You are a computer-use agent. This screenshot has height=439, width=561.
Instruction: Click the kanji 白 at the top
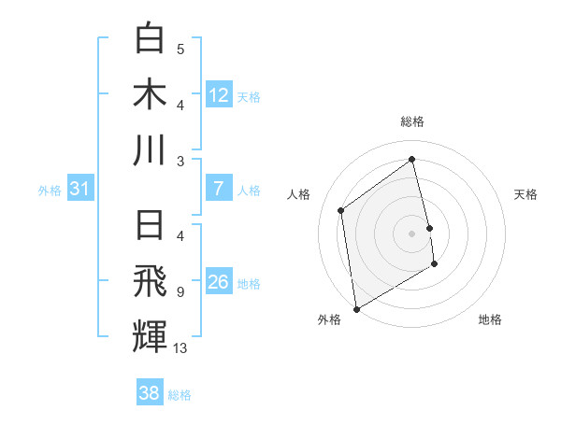coord(151,39)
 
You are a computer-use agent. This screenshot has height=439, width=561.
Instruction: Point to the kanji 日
coord(151,226)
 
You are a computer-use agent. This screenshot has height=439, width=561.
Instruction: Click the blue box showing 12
coord(219,95)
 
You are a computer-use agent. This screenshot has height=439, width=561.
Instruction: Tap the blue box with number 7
coord(219,189)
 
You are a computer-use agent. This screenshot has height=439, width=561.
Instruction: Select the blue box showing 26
coord(219,282)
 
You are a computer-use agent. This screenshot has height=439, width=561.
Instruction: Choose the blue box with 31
coord(79,190)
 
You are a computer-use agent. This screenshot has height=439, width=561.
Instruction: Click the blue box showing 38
coord(150,393)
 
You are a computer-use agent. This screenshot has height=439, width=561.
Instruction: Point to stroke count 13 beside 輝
coord(180,348)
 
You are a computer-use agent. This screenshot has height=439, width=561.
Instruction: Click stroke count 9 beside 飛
coord(180,291)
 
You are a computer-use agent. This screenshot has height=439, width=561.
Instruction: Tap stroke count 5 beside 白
coord(180,50)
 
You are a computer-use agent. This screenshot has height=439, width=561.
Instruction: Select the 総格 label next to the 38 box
coord(180,395)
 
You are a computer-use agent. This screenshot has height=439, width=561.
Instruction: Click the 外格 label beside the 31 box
coord(50,191)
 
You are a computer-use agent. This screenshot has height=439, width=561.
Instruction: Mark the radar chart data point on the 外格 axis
coord(356,308)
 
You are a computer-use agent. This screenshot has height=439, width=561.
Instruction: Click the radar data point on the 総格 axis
coord(412,160)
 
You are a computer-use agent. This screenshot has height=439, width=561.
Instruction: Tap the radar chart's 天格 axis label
coord(525,194)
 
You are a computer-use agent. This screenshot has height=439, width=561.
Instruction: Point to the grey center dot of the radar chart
coord(412,233)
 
